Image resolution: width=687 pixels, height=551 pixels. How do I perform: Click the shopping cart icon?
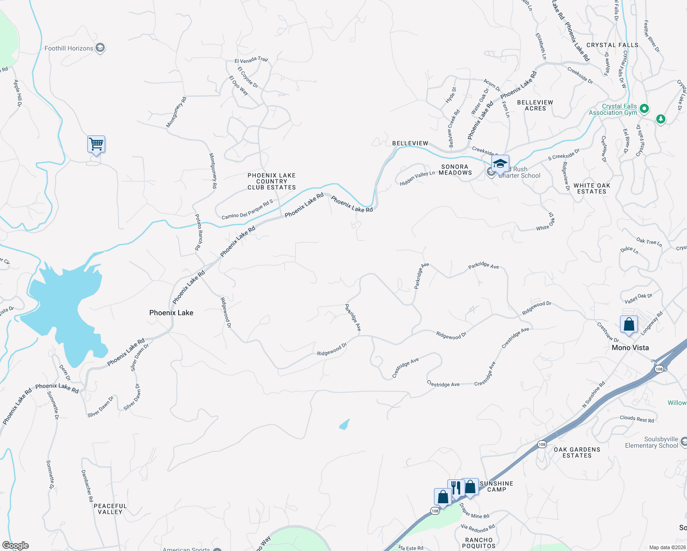click(x=96, y=145)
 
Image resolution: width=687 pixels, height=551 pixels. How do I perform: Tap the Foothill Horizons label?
click(x=69, y=48)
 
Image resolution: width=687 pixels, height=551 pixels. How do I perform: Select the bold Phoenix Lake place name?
click(x=171, y=313)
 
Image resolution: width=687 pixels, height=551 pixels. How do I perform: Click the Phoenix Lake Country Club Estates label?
click(x=271, y=181)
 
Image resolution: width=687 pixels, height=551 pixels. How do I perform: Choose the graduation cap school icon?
click(x=500, y=164)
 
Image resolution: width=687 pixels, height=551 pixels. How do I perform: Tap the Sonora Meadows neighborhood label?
click(x=455, y=170)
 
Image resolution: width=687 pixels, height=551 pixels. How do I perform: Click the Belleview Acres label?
click(x=535, y=105)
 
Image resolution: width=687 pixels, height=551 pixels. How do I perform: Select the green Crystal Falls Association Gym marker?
click(x=644, y=109)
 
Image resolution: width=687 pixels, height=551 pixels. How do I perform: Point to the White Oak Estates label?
click(x=591, y=188)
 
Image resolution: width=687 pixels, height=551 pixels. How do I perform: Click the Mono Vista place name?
click(x=630, y=348)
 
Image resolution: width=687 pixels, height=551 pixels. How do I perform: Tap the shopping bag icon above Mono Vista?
click(x=629, y=324)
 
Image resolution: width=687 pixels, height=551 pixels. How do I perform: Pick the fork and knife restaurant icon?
click(x=456, y=488)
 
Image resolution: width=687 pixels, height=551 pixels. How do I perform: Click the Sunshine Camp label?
click(x=496, y=486)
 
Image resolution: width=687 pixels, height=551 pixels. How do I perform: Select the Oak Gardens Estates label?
click(x=577, y=452)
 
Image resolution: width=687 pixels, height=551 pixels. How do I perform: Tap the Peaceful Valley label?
click(x=110, y=509)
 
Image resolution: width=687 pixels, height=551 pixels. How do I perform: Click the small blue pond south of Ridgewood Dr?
click(x=344, y=424)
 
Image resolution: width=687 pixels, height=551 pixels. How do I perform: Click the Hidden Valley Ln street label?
click(x=417, y=178)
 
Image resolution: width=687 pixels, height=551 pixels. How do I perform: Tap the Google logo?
click(x=15, y=545)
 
